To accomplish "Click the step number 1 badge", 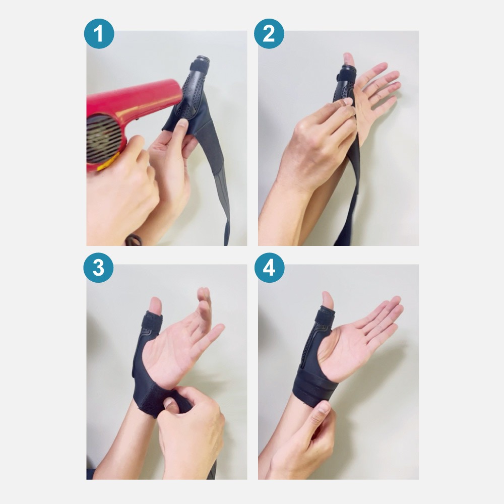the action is (x=99, y=33).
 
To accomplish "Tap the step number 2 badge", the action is (x=269, y=33).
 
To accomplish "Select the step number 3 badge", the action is (x=98, y=268).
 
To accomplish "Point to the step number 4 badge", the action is (x=269, y=268).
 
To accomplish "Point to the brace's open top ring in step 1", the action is (x=203, y=59).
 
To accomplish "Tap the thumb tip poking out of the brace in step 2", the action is (x=348, y=59).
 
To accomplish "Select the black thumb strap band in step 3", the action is (x=154, y=320).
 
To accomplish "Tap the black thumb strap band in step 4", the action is (x=325, y=316).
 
